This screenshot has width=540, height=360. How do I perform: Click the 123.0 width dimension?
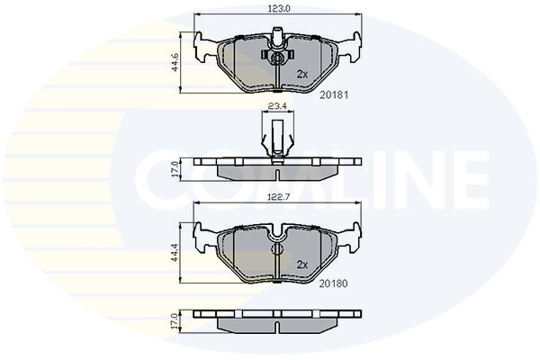pyautogui.click(x=279, y=9)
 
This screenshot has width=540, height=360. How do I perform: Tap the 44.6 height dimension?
pyautogui.click(x=175, y=62)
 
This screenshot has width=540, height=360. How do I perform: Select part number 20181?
pyautogui.click(x=334, y=95)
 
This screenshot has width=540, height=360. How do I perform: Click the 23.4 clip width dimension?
pyautogui.click(x=278, y=106)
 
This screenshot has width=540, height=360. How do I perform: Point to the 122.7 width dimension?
pyautogui.click(x=279, y=197)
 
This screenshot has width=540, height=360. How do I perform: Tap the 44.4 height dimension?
pyautogui.click(x=175, y=252)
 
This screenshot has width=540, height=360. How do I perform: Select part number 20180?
pyautogui.click(x=333, y=283)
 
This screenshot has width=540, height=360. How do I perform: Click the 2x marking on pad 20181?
pyautogui.click(x=302, y=74)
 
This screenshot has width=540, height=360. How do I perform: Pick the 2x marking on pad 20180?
pyautogui.click(x=302, y=265)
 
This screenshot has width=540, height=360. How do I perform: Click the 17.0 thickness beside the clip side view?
pyautogui.click(x=175, y=169)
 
